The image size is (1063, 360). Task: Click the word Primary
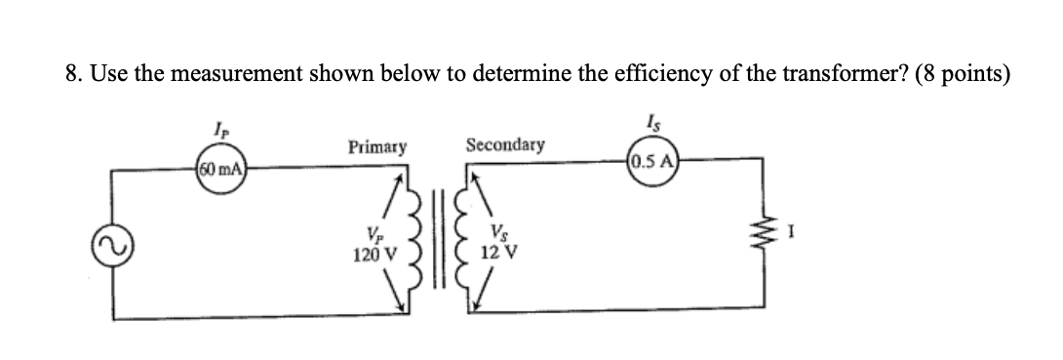pos(376,147)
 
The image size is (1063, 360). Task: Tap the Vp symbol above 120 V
pos(374,235)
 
